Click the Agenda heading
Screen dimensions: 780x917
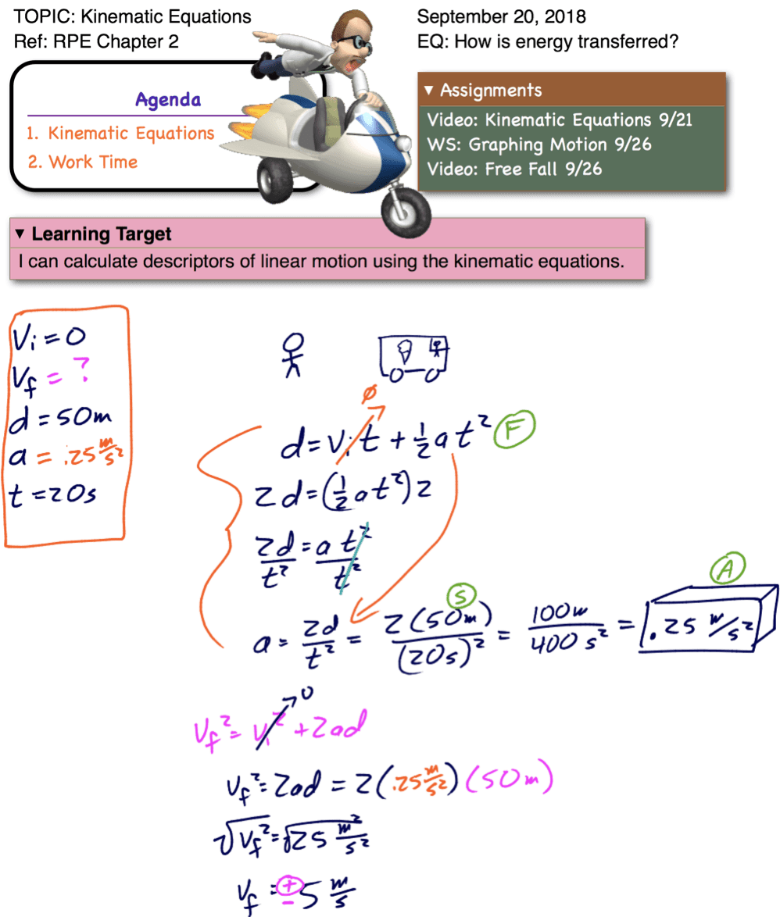[167, 99]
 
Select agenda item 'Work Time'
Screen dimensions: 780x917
[83, 162]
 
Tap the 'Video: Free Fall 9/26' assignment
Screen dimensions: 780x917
[514, 169]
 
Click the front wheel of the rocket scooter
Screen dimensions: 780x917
[407, 209]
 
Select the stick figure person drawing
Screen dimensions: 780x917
[293, 355]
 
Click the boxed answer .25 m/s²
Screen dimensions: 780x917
[698, 625]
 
